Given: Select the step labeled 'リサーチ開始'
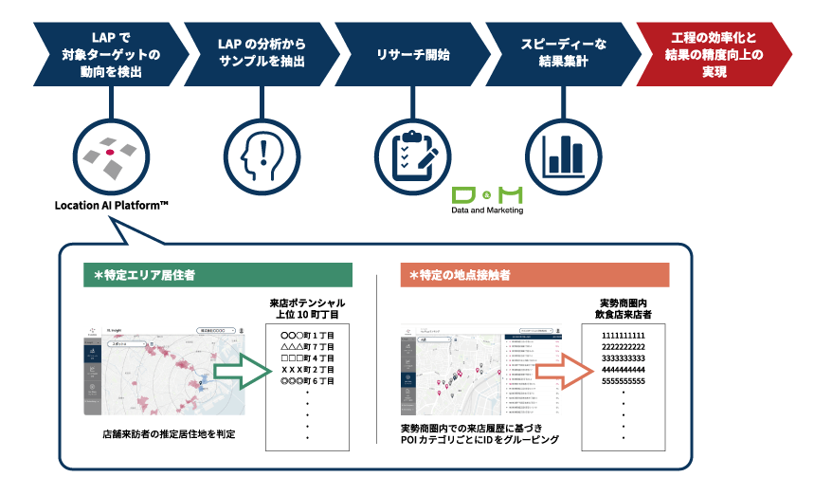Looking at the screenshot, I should pos(411,54).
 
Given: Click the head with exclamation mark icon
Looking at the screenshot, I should pos(262,153).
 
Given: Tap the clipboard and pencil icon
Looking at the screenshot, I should pos(413,153).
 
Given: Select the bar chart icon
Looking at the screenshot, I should pos(563,153).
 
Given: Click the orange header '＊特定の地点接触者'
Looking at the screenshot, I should pos(535,275).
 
